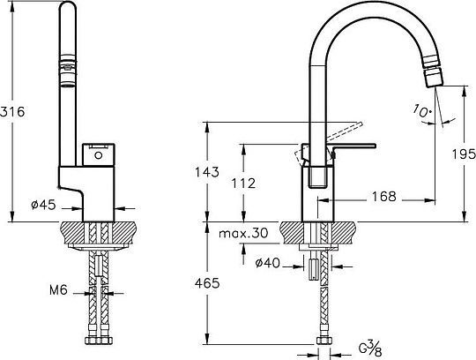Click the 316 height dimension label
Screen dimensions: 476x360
pyautogui.click(x=12, y=112)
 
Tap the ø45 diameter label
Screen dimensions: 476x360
pyautogui.click(x=44, y=205)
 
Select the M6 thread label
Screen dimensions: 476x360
pyautogui.click(x=58, y=290)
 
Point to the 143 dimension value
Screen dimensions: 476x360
pyautogui.click(x=207, y=172)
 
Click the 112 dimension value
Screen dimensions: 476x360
pyautogui.click(x=243, y=184)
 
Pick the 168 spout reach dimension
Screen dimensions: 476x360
pyautogui.click(x=384, y=197)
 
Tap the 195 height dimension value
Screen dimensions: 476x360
pyautogui.click(x=464, y=154)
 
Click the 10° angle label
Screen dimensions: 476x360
pyautogui.click(x=422, y=111)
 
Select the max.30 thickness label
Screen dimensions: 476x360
pyautogui.click(x=243, y=233)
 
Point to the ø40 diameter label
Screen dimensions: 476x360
pyautogui.click(x=267, y=263)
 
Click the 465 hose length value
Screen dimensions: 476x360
pyautogui.click(x=207, y=283)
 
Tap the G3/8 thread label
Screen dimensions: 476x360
pyautogui.click(x=370, y=349)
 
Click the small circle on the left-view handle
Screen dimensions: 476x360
pyautogui.click(x=99, y=155)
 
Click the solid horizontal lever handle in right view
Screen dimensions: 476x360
pyautogui.click(x=354, y=146)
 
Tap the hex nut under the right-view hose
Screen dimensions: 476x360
pyautogui.click(x=324, y=341)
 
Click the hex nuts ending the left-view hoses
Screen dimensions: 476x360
pyautogui.click(x=98, y=340)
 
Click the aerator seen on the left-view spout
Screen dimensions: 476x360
pyautogui.click(x=68, y=71)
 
